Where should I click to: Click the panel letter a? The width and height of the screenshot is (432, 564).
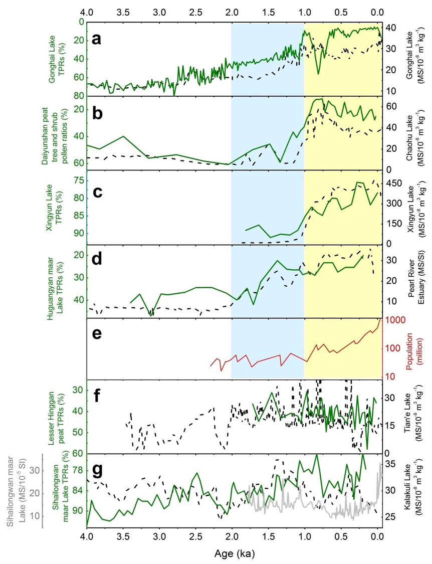[96, 39]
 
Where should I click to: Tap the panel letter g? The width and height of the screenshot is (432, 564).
[97, 469]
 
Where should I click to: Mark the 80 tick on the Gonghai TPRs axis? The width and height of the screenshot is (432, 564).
[80, 96]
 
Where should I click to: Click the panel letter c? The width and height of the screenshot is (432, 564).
[97, 192]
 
